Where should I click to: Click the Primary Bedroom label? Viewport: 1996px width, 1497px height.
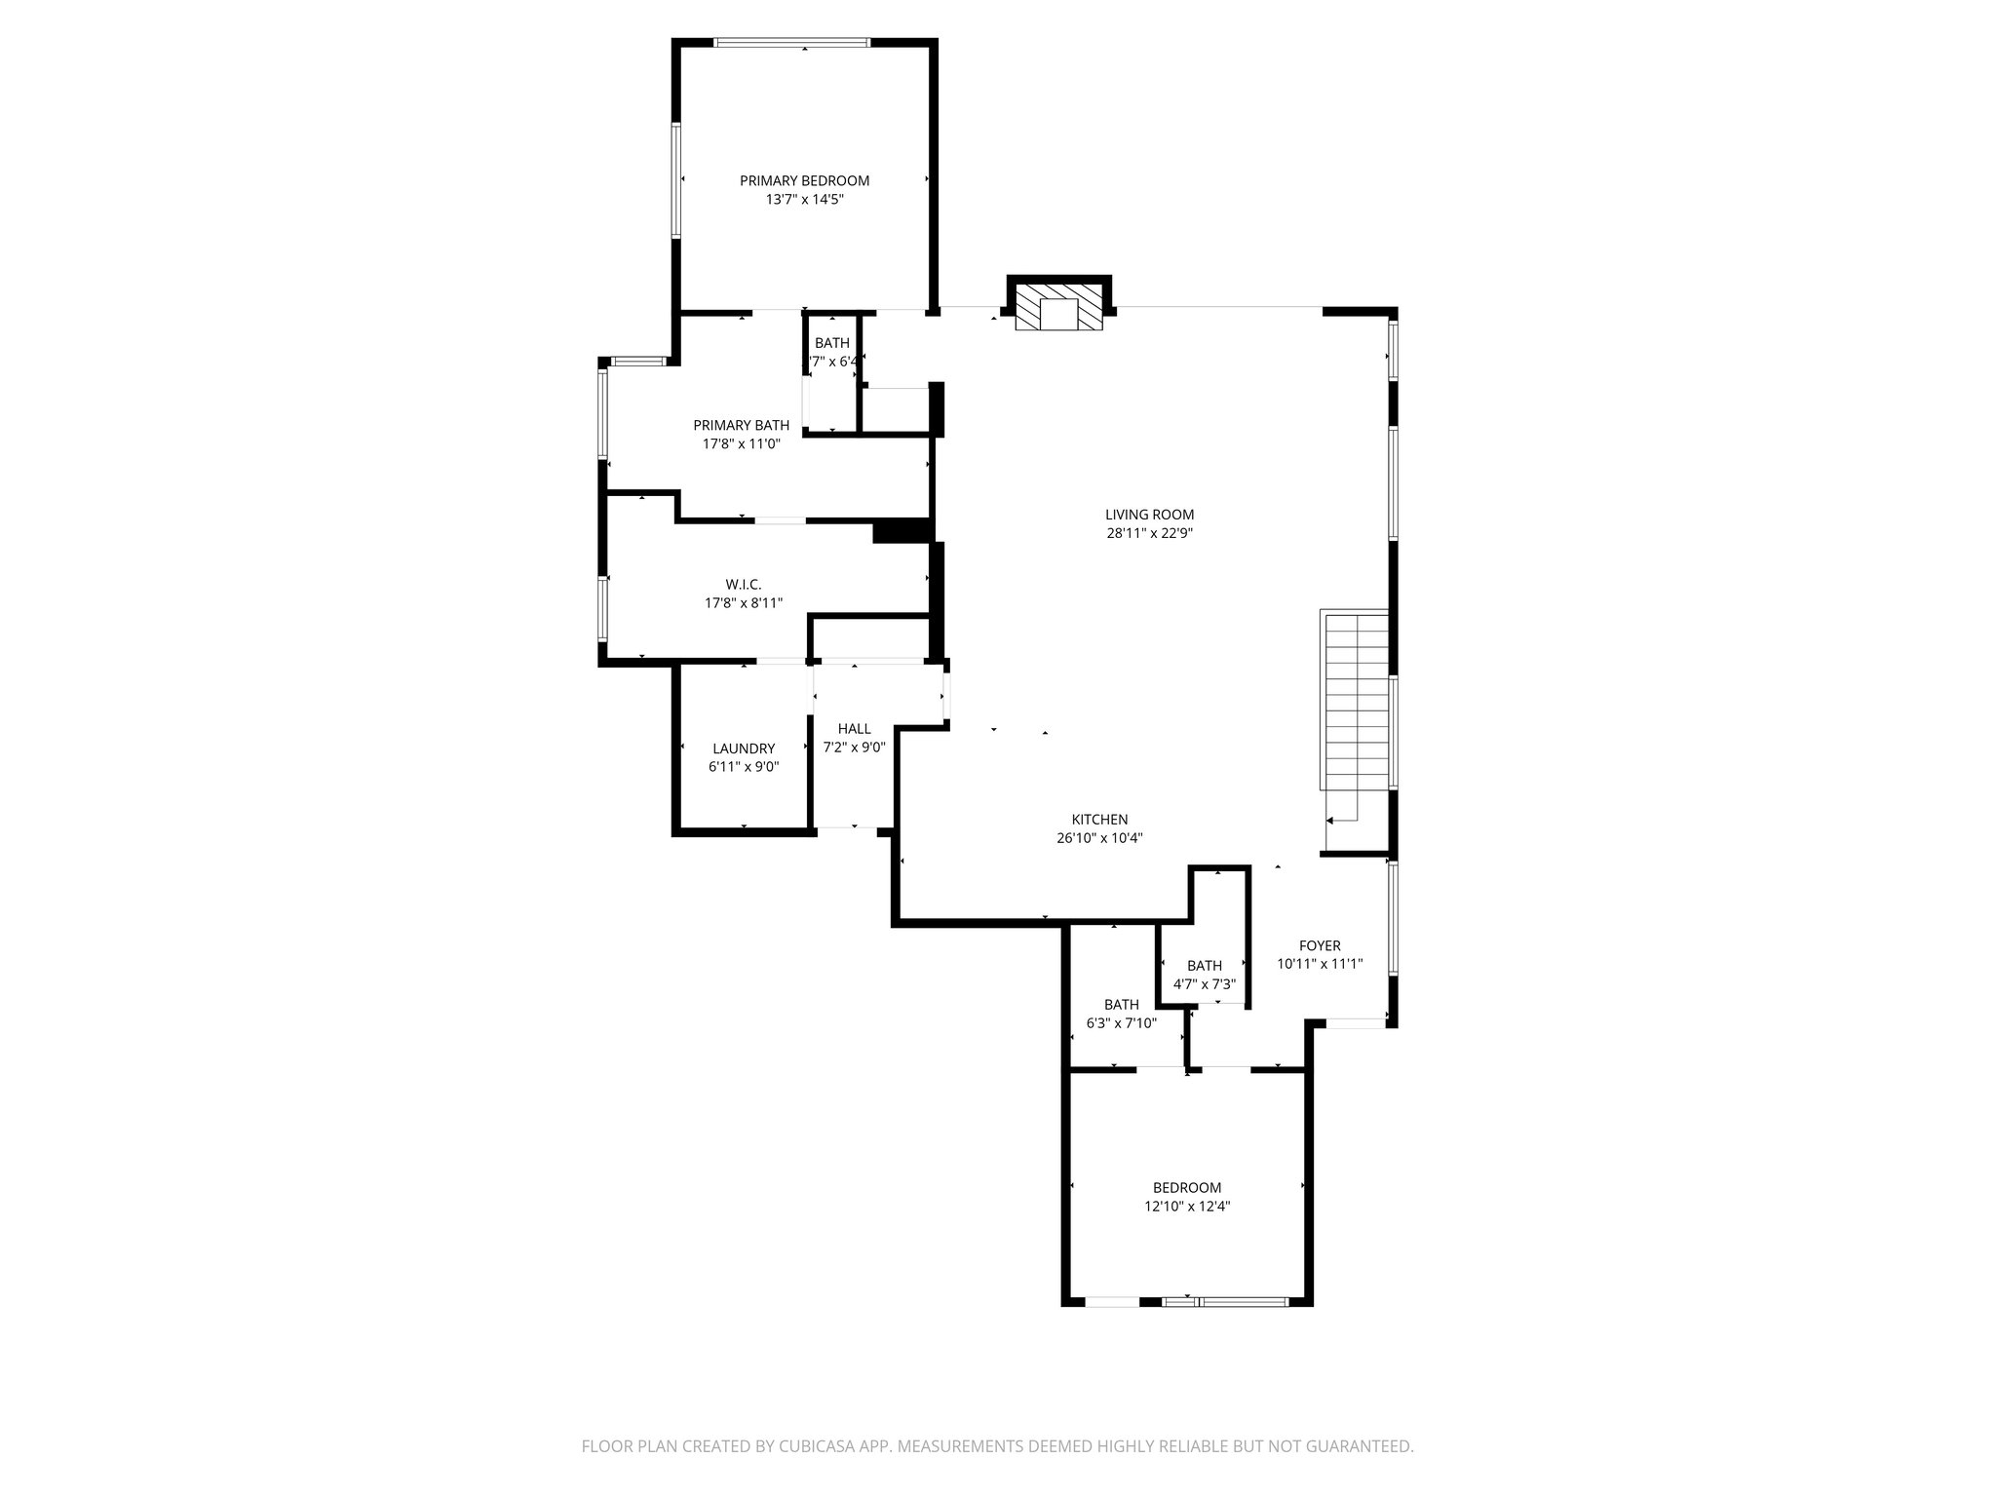804,180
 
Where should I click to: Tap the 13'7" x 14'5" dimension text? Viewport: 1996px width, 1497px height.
804,199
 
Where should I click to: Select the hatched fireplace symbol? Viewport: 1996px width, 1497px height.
1057,306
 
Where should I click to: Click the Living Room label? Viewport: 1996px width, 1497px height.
1149,515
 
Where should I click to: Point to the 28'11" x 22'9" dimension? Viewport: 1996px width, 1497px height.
1149,533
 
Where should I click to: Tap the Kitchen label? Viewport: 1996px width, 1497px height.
1099,820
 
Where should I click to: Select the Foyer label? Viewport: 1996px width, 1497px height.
1320,945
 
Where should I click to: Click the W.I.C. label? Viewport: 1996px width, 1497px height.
743,584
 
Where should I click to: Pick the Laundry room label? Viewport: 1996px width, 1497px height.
743,748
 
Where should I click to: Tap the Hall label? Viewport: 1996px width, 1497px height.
854,729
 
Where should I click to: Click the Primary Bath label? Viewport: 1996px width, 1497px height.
741,425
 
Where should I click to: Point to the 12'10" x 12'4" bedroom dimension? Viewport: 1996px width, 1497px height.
1186,1206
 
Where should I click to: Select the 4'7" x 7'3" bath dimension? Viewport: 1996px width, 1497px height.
1205,984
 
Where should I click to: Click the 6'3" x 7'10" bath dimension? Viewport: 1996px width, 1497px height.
1121,1022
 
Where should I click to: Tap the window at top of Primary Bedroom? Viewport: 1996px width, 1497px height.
791,43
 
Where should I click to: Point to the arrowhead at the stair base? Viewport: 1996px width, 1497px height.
1330,821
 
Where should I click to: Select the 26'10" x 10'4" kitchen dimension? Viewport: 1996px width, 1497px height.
1099,838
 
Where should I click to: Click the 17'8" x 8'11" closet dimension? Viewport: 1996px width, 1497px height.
743,602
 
